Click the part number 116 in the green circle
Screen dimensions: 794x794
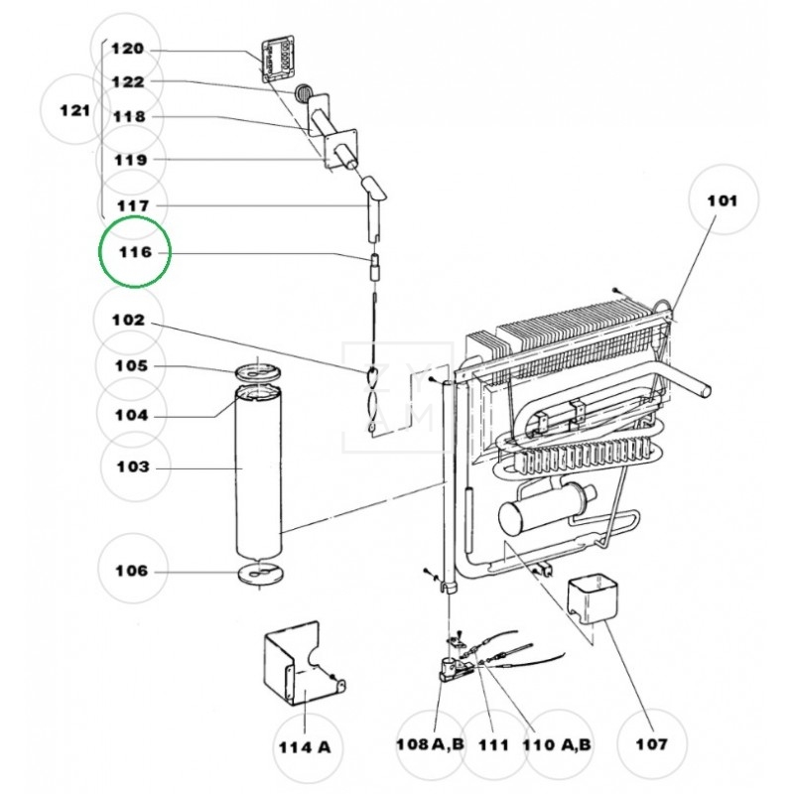(135, 252)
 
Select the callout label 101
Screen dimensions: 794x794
(722, 200)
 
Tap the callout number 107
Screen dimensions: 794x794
(652, 743)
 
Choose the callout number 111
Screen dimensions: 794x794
(493, 744)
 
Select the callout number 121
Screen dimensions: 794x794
(75, 110)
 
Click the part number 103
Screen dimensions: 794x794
(130, 466)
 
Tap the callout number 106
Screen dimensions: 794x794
(130, 571)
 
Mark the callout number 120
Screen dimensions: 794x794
(127, 49)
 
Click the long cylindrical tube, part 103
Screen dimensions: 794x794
(259, 476)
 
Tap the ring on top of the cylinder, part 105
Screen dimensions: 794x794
(257, 371)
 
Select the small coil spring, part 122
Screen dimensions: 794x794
(303, 93)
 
